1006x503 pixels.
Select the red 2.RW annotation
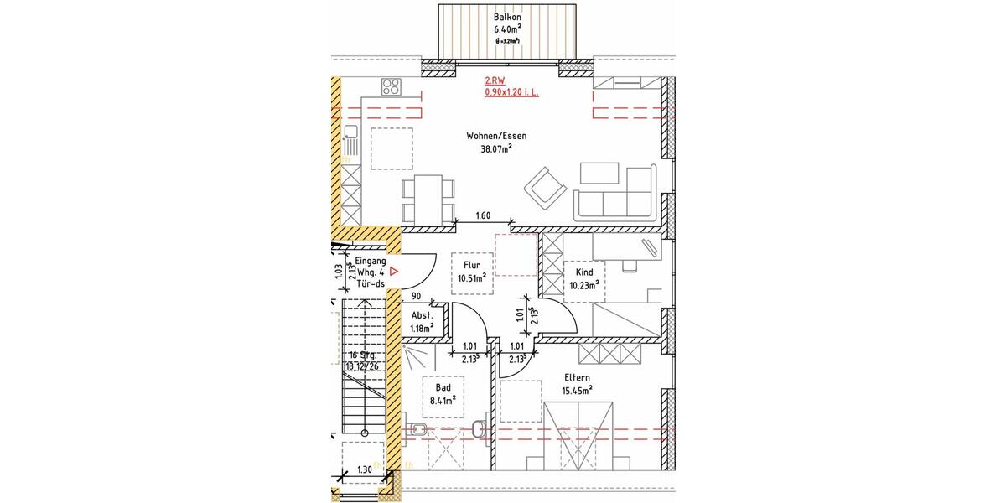(495, 81)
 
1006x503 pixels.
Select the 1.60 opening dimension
(482, 216)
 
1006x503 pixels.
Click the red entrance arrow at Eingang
(392, 272)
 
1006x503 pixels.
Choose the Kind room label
(583, 272)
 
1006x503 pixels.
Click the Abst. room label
(421, 315)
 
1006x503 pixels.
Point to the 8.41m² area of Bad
(443, 401)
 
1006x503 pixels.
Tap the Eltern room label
(577, 377)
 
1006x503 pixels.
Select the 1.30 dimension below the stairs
(365, 470)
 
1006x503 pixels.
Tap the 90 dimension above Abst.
(415, 296)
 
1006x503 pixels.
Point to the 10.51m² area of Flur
(471, 278)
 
